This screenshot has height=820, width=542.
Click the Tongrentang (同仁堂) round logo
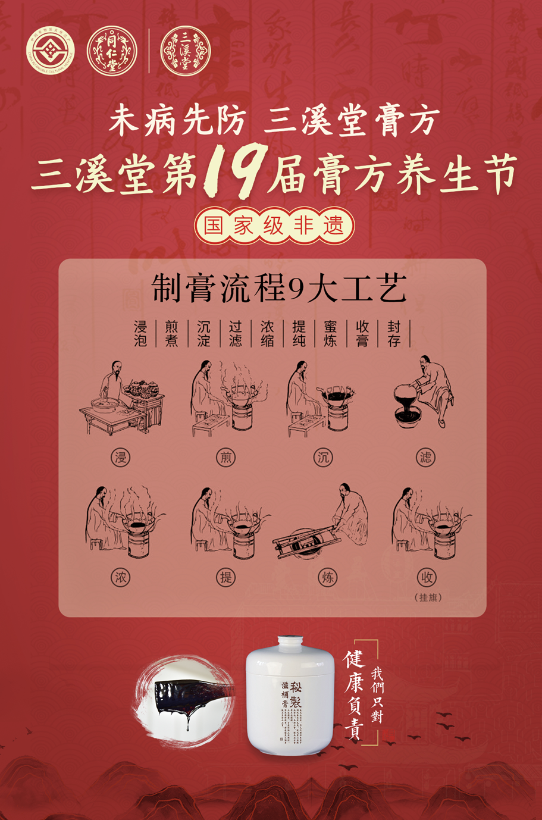click(112, 51)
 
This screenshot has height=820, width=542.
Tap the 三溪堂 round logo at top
click(186, 51)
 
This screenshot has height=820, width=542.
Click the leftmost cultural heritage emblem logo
click(51, 51)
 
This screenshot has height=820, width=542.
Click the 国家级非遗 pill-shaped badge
click(274, 226)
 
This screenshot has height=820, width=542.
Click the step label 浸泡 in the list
click(140, 333)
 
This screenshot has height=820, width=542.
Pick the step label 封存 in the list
click(394, 333)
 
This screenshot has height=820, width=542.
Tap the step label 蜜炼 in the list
click(330, 333)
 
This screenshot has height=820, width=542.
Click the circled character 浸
click(121, 458)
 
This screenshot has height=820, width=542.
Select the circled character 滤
click(426, 458)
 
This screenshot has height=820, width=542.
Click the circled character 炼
click(327, 577)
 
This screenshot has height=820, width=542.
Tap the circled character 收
click(426, 577)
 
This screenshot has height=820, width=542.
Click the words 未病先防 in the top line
click(177, 122)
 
